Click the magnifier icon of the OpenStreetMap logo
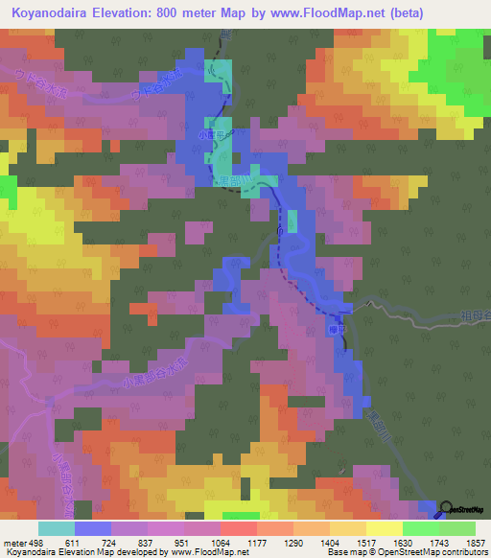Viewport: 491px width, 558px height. (447, 508)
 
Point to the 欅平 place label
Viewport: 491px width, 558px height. (334, 326)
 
